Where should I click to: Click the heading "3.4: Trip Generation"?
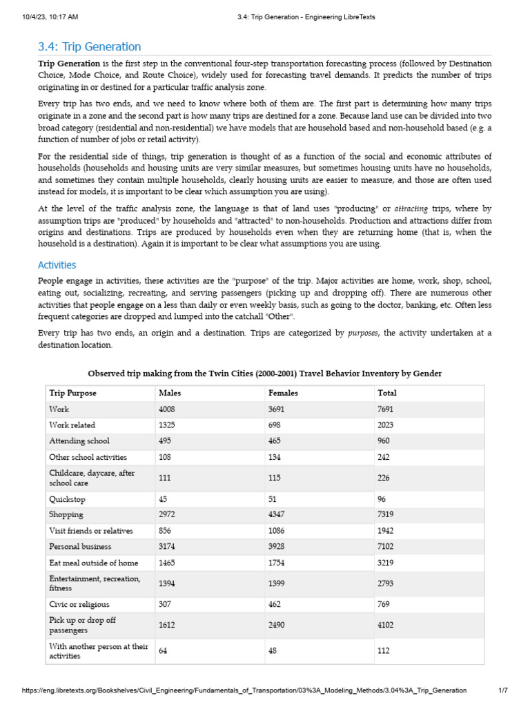89,47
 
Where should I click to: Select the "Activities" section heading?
57,265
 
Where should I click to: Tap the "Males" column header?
169,393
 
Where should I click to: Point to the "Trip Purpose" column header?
72,393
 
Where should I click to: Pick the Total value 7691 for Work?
386,409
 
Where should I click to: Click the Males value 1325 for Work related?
168,425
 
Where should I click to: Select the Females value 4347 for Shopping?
279,514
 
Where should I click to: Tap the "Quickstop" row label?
66,498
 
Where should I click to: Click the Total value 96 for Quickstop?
382,498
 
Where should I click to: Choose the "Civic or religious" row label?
80,605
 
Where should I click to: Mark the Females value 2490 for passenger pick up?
279,626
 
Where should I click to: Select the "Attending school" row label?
79,440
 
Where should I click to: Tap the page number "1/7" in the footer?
502,690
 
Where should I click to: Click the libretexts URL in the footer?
244,690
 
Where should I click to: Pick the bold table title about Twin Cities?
265,374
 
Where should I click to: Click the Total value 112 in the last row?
384,650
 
